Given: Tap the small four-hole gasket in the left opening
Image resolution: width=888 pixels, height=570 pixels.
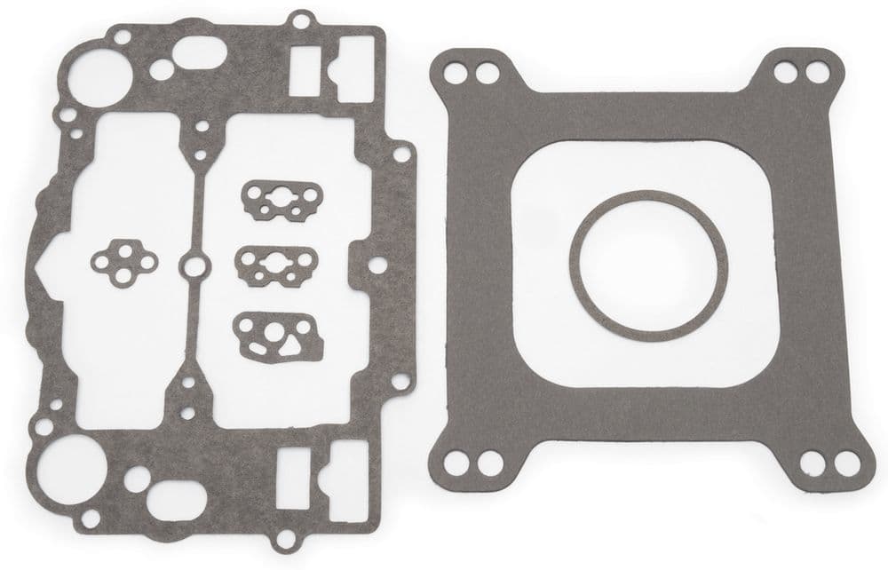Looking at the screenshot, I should click(124, 263).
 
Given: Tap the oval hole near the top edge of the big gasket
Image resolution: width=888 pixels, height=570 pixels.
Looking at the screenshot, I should click(201, 54).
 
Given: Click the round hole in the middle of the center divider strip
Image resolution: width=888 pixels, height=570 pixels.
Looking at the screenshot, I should click(193, 265).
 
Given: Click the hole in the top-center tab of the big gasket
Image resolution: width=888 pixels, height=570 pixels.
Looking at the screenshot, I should click(301, 20).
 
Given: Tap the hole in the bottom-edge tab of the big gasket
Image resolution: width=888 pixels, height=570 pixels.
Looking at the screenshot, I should click(283, 536).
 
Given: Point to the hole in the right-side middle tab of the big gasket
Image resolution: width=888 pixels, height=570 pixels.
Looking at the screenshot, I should click(377, 265).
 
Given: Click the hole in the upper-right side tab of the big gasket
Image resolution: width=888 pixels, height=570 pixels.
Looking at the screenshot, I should click(401, 154).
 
